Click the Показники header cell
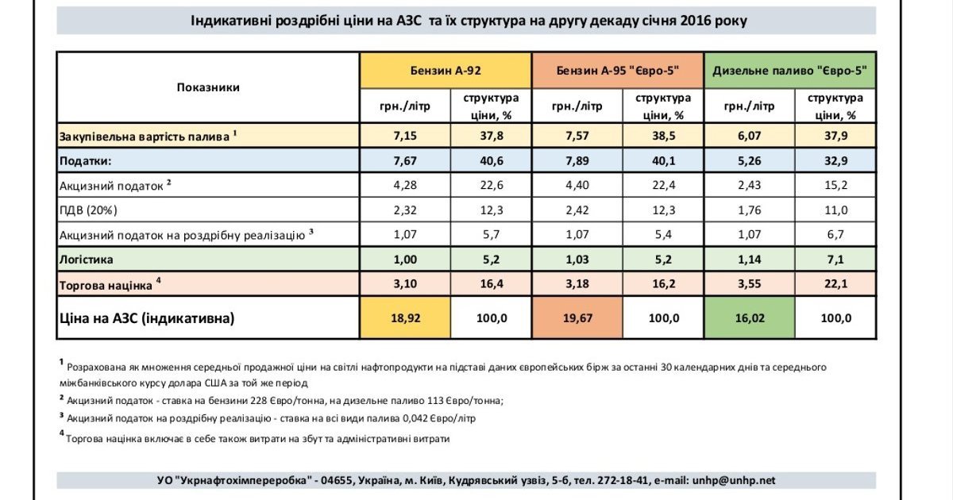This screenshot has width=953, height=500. click(x=207, y=87)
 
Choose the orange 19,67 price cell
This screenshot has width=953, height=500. click(x=575, y=318)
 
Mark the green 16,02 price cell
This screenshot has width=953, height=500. click(x=747, y=318)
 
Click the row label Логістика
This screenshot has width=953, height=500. click(x=87, y=260)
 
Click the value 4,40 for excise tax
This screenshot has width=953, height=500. click(x=575, y=186)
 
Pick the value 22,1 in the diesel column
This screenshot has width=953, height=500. click(x=835, y=283)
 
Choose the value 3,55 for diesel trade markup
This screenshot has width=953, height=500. click(x=747, y=283)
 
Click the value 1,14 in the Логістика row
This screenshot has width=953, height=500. click(x=747, y=260)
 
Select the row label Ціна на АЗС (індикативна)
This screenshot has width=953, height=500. click(x=147, y=318)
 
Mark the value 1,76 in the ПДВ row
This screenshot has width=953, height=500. click(x=747, y=210)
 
